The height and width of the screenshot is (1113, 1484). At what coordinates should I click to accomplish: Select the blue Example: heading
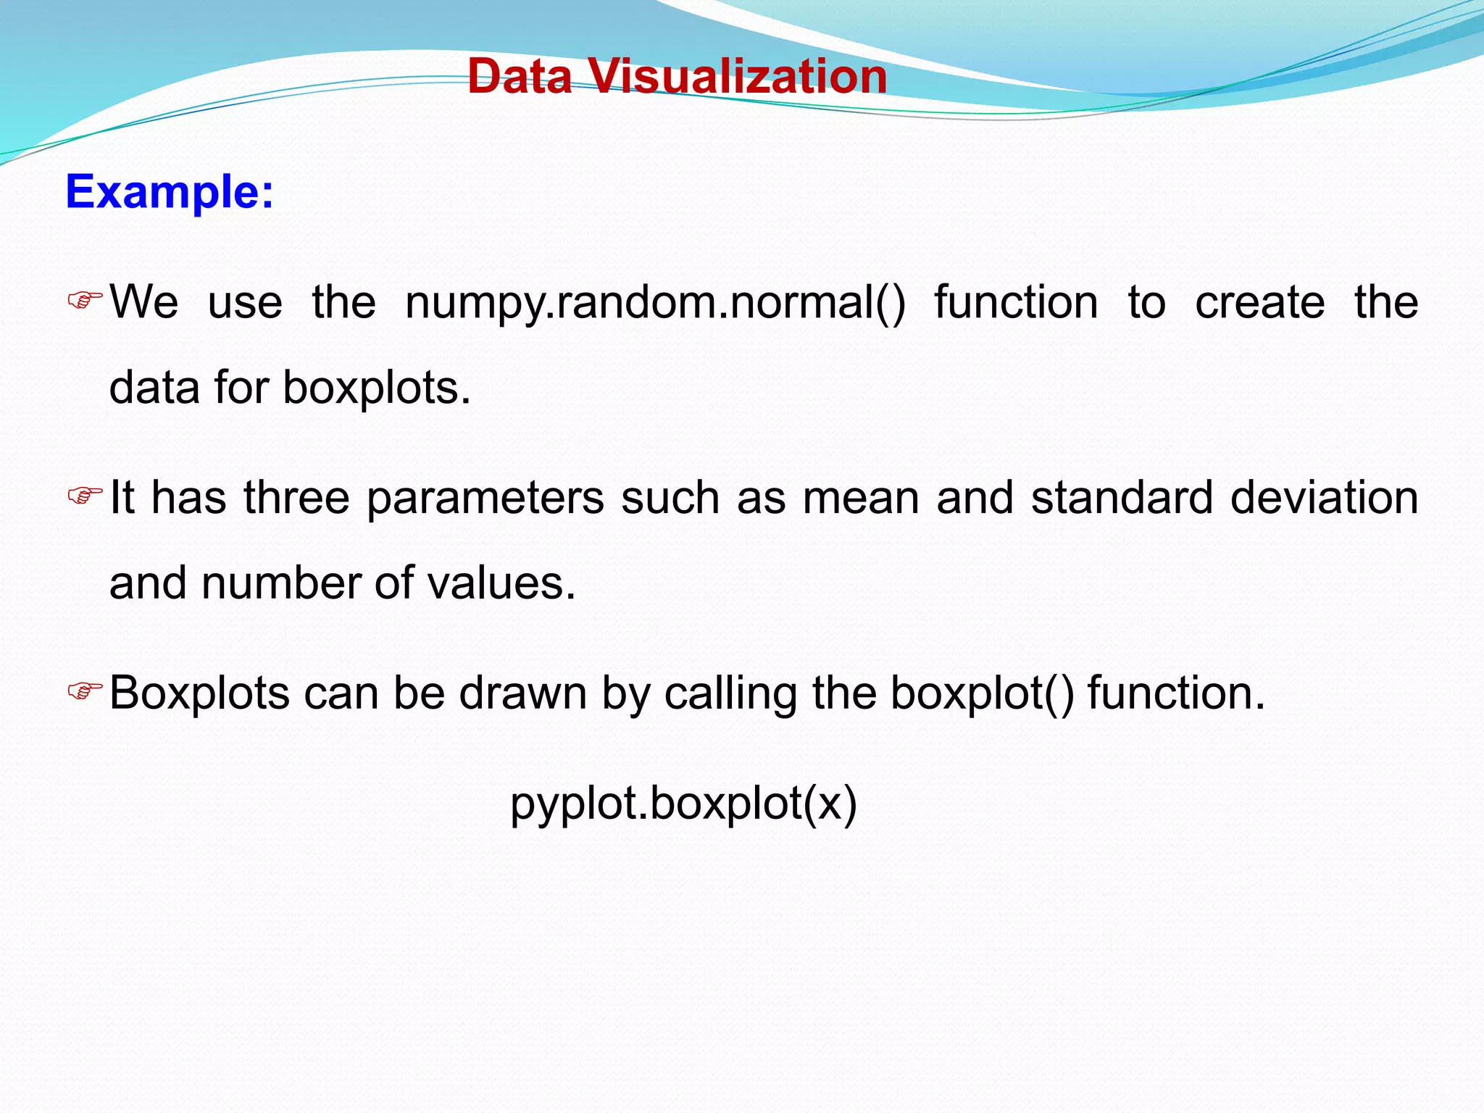tap(170, 192)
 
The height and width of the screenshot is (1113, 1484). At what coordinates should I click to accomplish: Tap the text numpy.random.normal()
tap(655, 303)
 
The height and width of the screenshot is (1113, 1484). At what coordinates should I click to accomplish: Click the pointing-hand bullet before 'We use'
tap(85, 299)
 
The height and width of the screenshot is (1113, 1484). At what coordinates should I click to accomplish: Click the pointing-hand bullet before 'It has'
tap(85, 496)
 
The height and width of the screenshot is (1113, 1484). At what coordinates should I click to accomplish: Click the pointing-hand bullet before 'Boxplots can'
tap(85, 691)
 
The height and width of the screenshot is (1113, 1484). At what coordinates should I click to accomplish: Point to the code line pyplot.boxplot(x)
tap(683, 804)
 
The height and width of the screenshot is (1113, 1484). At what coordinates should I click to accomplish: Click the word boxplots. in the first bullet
tap(376, 388)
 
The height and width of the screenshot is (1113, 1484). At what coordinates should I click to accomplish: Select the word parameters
tap(485, 499)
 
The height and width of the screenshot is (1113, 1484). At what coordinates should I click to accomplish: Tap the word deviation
tap(1324, 499)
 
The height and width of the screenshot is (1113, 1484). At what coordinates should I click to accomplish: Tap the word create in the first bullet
tap(1259, 303)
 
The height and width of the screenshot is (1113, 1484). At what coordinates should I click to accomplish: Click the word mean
tap(861, 499)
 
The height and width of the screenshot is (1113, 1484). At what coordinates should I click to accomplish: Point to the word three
tap(296, 499)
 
